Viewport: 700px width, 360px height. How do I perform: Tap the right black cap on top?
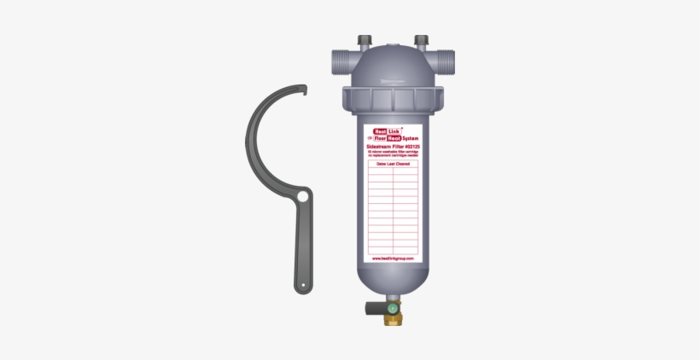pyautogui.click(x=420, y=40)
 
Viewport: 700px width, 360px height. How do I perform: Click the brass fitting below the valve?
pyautogui.click(x=393, y=318)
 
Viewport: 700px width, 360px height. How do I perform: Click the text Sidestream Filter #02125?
pyautogui.click(x=392, y=146)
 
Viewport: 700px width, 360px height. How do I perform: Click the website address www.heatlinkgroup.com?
pyautogui.click(x=392, y=258)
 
